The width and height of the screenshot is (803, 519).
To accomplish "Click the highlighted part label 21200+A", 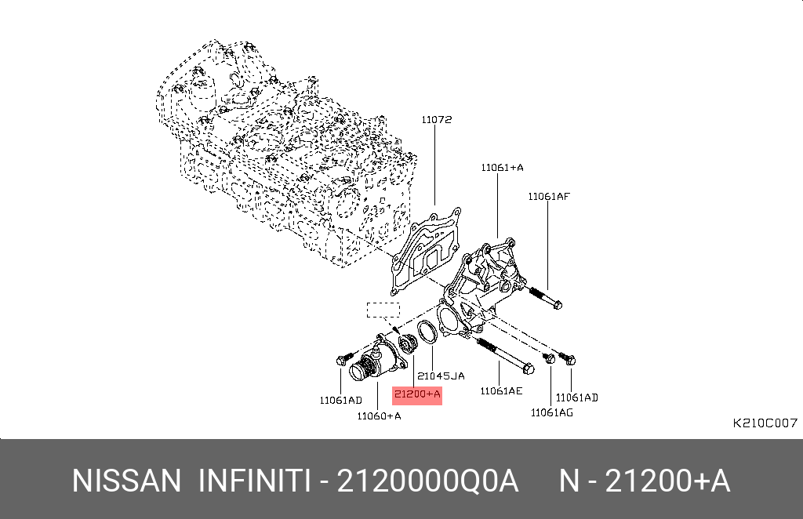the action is pos(417,394).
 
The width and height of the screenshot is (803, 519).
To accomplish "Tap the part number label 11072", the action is pos(436,120).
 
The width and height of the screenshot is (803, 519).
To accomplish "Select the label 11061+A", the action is pos(502,167).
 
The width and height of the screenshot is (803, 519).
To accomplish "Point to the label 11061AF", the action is pos(549,197).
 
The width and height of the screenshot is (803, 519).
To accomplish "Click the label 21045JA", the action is pos(441,376).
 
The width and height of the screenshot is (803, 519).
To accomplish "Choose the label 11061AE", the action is pos(501,391).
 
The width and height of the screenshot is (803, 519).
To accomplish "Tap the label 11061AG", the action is pos(551,412).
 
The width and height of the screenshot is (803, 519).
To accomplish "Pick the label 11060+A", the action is pos(379,416).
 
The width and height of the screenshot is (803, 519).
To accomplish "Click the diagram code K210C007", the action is pos(765,423).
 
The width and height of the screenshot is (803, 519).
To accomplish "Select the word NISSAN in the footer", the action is pos(126,481).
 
